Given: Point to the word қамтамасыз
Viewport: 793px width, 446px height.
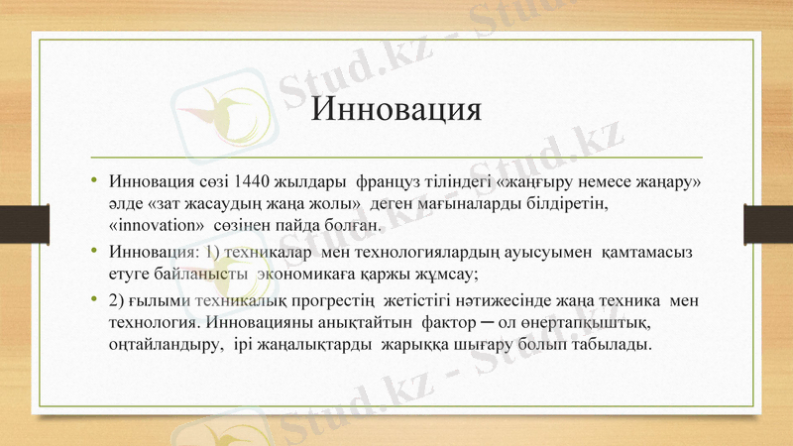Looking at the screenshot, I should click(x=648, y=249).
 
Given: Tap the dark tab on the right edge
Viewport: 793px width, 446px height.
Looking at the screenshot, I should click(x=768, y=221).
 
